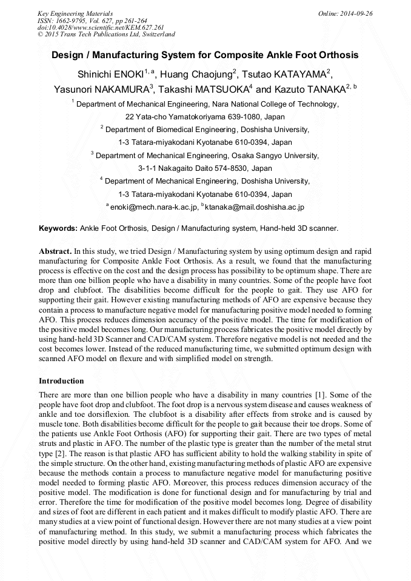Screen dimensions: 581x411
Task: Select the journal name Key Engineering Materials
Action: [75, 13]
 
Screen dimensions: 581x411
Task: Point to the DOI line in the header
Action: [101, 27]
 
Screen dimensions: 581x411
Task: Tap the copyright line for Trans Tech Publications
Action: [106, 35]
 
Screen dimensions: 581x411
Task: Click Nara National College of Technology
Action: [275, 104]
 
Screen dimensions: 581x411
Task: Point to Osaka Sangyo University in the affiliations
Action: [271, 156]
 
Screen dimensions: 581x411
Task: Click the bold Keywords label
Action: [58, 228]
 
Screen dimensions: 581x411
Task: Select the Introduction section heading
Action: [61, 381]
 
